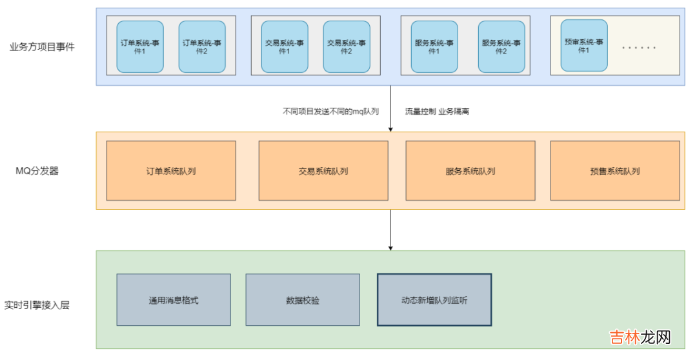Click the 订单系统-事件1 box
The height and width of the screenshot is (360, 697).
[x=140, y=46]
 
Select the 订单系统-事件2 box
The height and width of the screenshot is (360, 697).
[x=202, y=46]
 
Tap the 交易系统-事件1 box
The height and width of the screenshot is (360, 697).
[x=285, y=46]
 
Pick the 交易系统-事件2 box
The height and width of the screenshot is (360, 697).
[x=347, y=46]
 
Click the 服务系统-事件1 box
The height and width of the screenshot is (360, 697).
[x=434, y=46]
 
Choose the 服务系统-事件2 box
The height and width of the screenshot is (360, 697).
[x=501, y=46]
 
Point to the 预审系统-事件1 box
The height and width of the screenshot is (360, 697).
[x=584, y=46]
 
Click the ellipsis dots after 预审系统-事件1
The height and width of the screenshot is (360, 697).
[x=638, y=48]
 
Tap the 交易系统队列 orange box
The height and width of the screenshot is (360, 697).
[x=323, y=171]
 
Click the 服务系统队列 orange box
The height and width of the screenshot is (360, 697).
[x=470, y=171]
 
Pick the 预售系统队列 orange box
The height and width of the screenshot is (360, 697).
[x=615, y=171]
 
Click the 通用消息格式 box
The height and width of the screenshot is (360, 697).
[x=174, y=300]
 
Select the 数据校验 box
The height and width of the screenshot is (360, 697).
[x=303, y=300]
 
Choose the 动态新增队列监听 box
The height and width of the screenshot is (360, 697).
[x=434, y=300]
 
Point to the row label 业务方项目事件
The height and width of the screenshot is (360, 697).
[x=43, y=46]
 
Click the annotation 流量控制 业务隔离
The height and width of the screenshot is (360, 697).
[x=437, y=111]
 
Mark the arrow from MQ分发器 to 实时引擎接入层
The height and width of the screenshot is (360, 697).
[x=390, y=230]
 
